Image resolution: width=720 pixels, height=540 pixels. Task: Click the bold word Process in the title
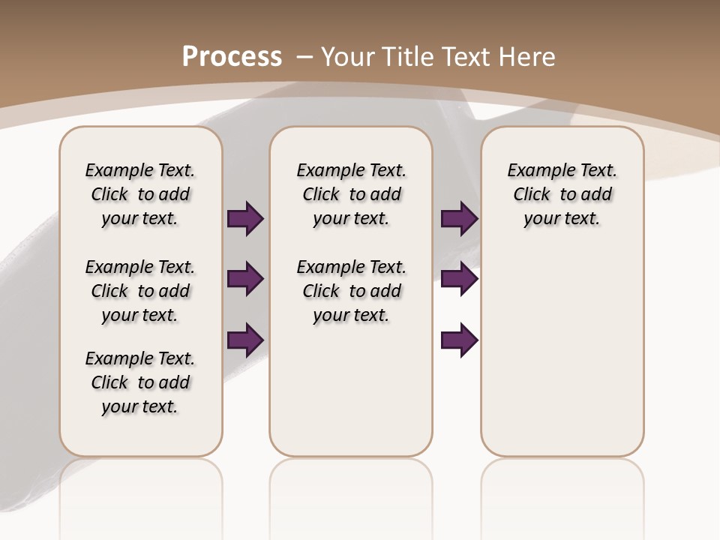(232, 56)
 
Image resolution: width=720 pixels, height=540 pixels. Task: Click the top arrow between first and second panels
(245, 219)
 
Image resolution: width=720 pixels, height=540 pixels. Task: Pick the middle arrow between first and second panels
(245, 280)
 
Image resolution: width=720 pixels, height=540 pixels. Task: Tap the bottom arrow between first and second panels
(245, 340)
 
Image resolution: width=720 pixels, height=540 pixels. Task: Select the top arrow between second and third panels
(459, 219)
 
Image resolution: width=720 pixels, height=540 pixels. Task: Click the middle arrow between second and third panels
(459, 280)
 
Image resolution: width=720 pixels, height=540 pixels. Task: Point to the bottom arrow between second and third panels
(459, 340)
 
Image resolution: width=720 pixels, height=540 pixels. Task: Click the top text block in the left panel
(140, 194)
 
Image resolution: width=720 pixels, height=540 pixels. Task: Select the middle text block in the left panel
(140, 291)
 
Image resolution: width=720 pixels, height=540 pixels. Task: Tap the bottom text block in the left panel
(140, 382)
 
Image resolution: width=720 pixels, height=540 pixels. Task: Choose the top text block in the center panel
(351, 194)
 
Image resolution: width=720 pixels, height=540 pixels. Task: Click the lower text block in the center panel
(351, 291)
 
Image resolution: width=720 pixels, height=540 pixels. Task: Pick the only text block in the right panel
(562, 194)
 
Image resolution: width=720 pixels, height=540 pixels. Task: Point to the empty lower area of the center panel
(351, 390)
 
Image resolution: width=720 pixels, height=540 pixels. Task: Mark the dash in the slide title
(304, 56)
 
